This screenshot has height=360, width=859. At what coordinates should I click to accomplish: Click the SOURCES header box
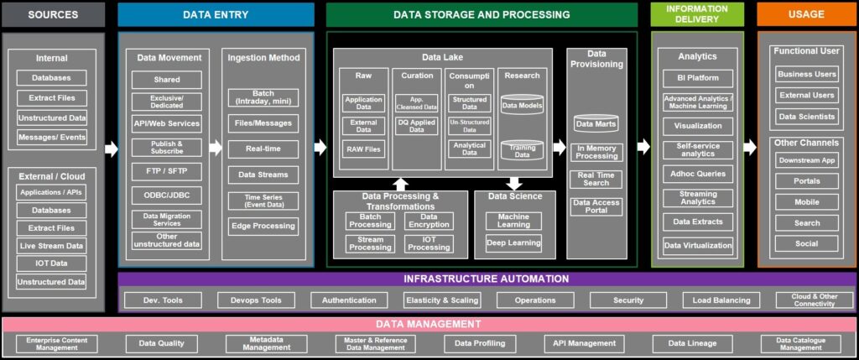point(53,14)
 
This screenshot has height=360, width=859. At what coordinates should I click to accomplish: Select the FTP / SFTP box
point(167,171)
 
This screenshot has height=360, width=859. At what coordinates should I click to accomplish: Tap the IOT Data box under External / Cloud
point(51,263)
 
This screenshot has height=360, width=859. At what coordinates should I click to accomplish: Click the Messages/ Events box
point(51,137)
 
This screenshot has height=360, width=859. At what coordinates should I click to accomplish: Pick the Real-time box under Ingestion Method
point(263,149)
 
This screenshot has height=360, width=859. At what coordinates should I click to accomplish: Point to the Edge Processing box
point(263,226)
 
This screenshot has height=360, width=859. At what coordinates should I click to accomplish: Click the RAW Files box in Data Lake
point(363,150)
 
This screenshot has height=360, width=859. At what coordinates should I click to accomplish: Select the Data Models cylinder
point(522,107)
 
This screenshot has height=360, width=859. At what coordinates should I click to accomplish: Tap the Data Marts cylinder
point(596,124)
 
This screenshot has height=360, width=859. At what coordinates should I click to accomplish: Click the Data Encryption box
point(429,221)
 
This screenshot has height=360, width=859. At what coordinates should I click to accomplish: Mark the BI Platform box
point(697,78)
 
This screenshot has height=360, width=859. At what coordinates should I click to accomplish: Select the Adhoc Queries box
point(697,174)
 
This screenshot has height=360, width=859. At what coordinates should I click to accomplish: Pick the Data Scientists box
point(806,117)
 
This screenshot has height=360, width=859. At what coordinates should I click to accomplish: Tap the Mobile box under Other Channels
point(806,202)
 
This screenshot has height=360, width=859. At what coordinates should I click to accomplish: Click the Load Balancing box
point(721,300)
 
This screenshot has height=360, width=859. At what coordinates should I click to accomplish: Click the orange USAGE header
point(806,14)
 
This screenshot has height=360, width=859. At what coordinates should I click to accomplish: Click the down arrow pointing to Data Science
point(514,183)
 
